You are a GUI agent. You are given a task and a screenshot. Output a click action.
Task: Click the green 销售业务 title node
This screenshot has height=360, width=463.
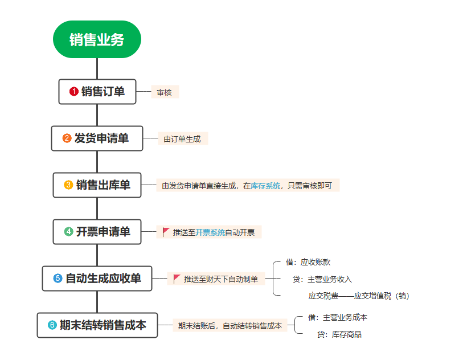(97, 39)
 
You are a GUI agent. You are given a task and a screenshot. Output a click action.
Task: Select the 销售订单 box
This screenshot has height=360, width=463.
(97, 92)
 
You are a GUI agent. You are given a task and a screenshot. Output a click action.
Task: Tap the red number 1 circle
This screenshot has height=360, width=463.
(73, 92)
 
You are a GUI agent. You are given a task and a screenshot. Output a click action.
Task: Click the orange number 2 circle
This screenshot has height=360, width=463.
(67, 138)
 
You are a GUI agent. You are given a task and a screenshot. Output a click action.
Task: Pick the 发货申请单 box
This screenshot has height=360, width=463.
(97, 138)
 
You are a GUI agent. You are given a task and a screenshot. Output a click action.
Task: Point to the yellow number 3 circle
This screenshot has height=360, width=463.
(68, 185)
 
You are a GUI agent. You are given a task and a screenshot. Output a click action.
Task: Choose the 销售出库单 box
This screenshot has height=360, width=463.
(97, 185)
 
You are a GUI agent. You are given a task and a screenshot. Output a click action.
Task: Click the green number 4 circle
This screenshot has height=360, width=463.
(68, 232)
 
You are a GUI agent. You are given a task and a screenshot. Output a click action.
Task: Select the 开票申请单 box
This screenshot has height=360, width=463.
(97, 232)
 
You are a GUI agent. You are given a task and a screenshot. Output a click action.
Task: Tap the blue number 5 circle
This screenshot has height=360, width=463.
(58, 279)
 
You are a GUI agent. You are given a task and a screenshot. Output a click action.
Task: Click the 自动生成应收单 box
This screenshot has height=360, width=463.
(97, 279)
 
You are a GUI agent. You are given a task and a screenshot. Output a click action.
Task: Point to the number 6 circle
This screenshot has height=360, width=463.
(52, 325)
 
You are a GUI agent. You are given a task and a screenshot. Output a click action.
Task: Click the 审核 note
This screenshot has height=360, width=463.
(165, 92)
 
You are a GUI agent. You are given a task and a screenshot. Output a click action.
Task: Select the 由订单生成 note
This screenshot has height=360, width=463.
(182, 139)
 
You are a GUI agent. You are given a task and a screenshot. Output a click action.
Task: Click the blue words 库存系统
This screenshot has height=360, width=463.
(265, 186)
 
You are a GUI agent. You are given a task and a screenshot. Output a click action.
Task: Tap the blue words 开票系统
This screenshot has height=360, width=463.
(210, 232)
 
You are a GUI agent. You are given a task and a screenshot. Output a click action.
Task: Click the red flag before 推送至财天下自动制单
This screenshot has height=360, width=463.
(177, 279)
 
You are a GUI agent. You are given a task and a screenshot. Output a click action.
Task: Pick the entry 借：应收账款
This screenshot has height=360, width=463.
(308, 263)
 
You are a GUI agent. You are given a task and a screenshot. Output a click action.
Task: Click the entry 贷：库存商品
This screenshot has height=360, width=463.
(339, 334)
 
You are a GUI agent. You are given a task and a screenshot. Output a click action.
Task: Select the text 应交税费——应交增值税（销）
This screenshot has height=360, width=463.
(359, 296)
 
